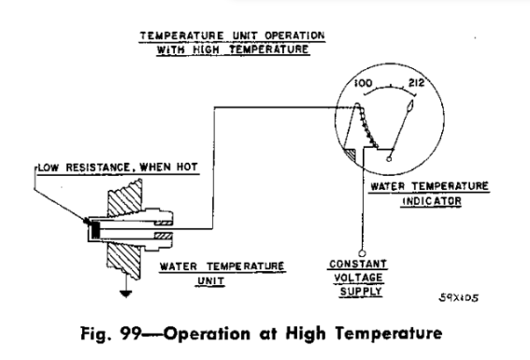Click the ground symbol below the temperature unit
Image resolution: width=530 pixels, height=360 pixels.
point(126,294)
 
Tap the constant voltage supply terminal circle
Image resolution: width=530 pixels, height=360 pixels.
point(362,252)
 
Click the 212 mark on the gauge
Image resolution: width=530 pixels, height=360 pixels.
point(416,82)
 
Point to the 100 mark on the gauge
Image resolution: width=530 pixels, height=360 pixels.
point(364,83)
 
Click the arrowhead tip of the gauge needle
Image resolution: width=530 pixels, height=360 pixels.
point(412,101)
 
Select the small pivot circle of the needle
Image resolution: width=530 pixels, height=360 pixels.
point(389,158)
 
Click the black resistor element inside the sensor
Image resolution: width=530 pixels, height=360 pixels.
point(96,230)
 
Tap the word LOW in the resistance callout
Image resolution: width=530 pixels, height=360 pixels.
point(49,167)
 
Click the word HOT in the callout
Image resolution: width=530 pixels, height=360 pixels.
point(187,167)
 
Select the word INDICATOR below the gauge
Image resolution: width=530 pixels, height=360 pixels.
point(432,201)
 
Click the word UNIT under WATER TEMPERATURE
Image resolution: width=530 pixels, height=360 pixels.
point(210,281)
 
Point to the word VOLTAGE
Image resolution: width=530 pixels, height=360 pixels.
point(358,278)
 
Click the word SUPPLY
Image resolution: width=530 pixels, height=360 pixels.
point(361,292)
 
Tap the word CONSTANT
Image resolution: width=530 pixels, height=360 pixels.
point(358,264)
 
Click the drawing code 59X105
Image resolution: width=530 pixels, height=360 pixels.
point(459,297)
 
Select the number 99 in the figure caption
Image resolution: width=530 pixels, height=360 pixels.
point(131,333)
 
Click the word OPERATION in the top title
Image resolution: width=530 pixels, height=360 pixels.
point(294,36)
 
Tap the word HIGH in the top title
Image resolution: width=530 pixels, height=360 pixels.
point(207,50)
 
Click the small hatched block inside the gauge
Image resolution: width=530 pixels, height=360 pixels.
point(350,154)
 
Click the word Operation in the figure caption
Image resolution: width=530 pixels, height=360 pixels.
point(207,334)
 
